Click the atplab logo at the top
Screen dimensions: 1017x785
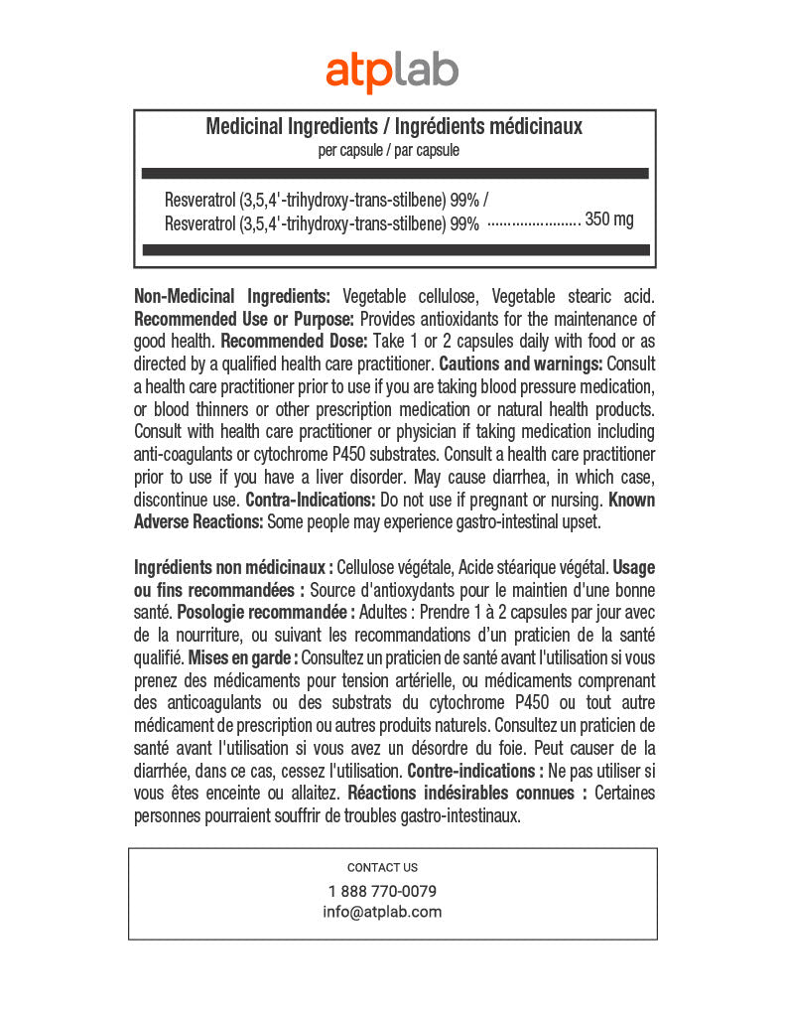(x=392, y=72)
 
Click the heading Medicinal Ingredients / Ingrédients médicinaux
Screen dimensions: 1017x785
(x=393, y=126)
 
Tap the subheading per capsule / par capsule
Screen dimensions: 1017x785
(x=388, y=151)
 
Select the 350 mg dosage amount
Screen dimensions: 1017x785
(x=609, y=219)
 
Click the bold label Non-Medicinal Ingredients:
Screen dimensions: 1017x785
(x=232, y=296)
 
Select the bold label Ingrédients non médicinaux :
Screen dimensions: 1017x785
(x=233, y=567)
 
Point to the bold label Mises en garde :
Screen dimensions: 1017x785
(x=241, y=657)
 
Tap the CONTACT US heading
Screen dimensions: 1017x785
(x=382, y=867)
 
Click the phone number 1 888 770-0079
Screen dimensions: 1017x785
(x=382, y=891)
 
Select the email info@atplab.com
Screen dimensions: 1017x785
(x=382, y=912)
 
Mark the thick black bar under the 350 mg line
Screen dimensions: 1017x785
(x=395, y=249)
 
